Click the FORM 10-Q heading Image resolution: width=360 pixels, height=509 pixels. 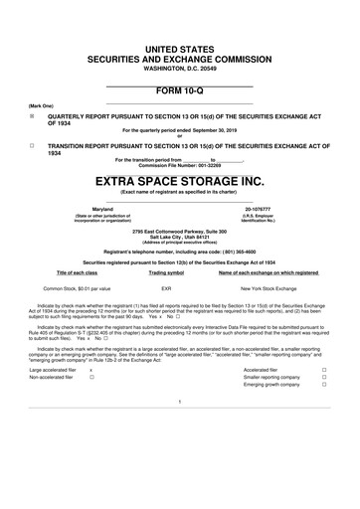click(x=180, y=90)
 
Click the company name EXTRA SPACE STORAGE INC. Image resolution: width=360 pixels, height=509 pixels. click(x=180, y=182)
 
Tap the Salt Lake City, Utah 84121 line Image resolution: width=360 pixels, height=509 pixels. click(x=179, y=238)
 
